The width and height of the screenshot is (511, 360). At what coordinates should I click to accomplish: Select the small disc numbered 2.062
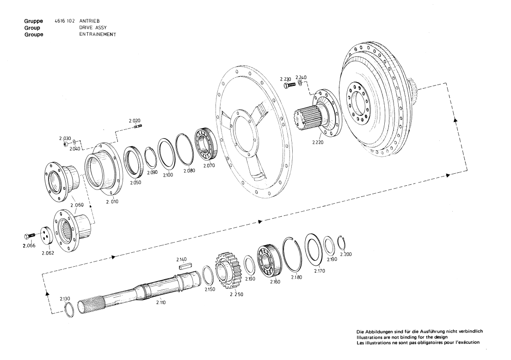click(47, 237)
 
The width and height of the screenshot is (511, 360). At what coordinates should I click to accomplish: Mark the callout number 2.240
click(301, 77)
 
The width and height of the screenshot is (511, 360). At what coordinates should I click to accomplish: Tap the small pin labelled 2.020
click(136, 128)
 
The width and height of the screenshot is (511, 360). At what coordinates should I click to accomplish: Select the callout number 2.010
click(112, 202)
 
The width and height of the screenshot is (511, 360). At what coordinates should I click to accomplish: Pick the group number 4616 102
click(65, 21)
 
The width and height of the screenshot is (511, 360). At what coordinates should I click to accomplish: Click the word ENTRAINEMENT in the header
click(97, 34)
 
